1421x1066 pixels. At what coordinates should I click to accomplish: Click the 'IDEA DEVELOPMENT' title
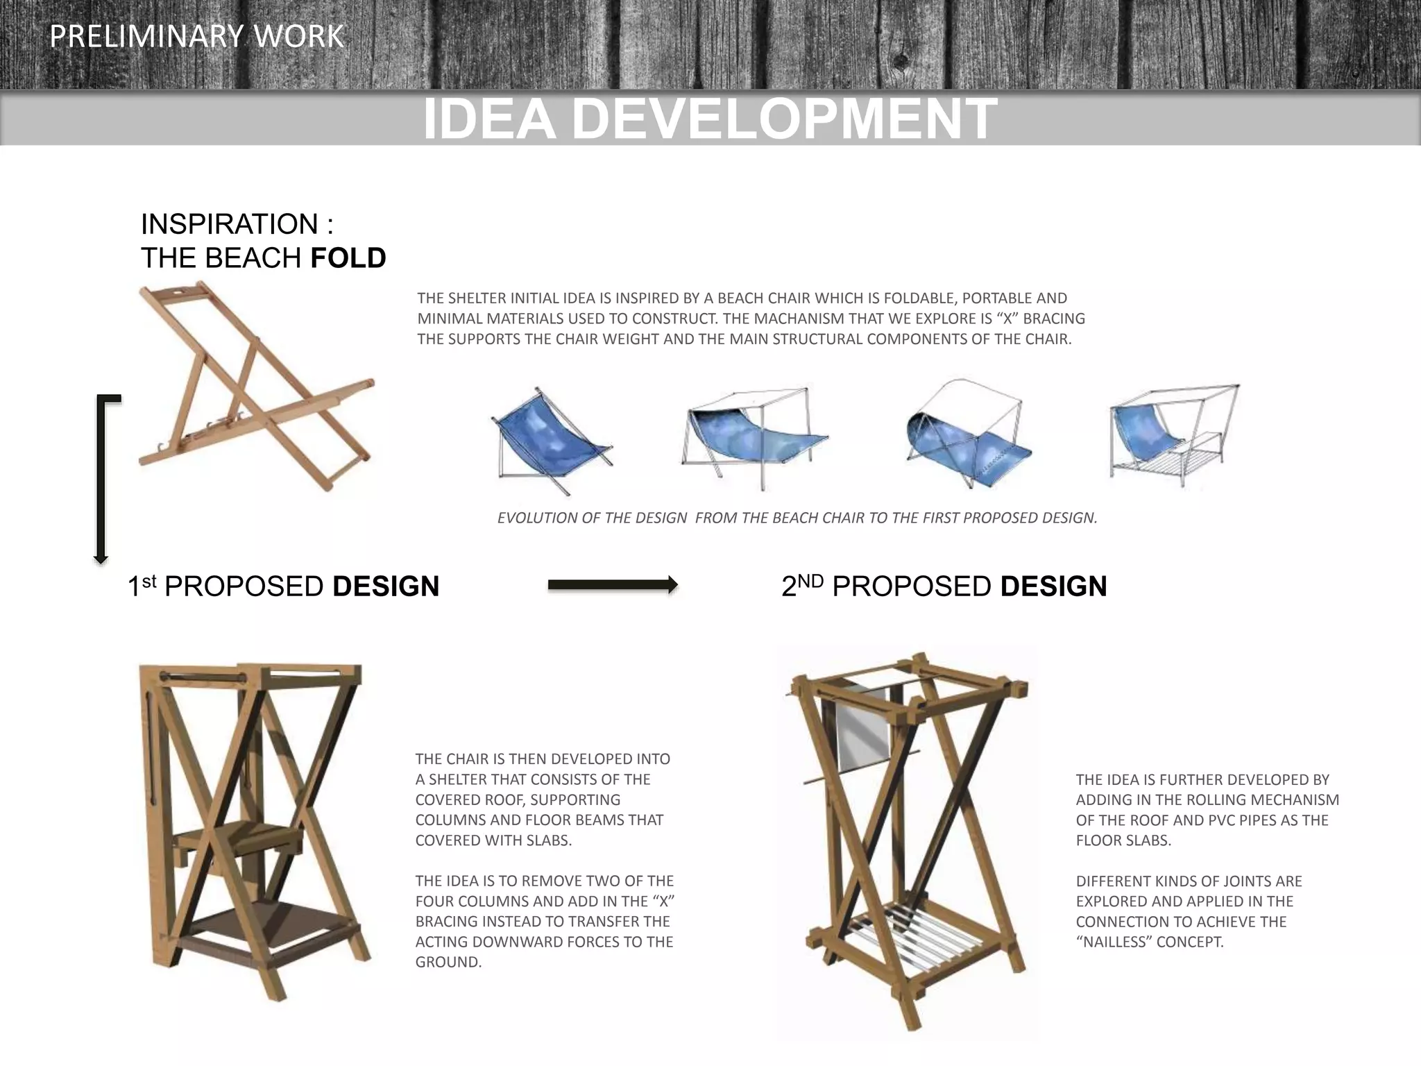(x=709, y=119)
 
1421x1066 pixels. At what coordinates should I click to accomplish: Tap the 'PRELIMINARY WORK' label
(x=197, y=37)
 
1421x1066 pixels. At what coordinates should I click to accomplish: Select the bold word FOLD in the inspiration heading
(x=348, y=258)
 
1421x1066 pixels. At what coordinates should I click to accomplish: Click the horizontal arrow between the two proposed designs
(x=612, y=585)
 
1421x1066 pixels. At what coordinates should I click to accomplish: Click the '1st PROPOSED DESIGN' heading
(x=283, y=586)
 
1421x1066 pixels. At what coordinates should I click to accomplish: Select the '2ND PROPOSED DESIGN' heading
(x=944, y=586)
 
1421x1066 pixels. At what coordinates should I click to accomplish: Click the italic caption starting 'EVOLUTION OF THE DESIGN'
(x=797, y=518)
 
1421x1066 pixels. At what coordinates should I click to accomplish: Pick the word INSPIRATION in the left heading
(x=230, y=224)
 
